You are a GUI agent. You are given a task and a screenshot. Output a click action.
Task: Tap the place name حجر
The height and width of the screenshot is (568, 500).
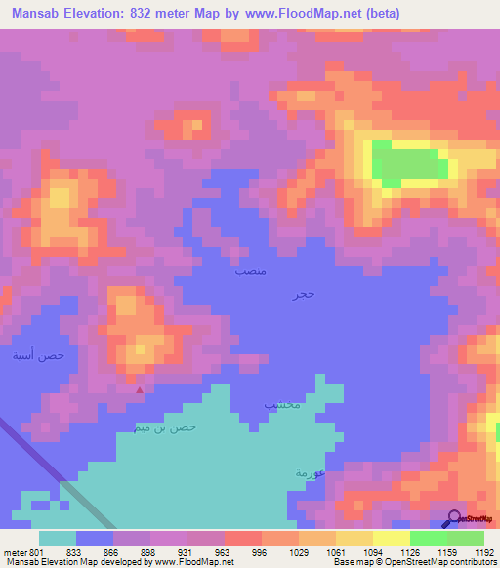[x=303, y=293]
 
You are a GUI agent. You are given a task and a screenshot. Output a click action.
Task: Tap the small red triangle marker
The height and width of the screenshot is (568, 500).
[x=140, y=391]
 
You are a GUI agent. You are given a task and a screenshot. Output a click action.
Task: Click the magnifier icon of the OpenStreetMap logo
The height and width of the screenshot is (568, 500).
[x=451, y=518]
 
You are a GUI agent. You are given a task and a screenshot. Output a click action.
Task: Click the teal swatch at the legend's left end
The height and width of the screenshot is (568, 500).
[x=58, y=538]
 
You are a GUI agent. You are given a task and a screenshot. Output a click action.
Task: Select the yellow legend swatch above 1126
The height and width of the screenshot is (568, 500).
[x=391, y=538]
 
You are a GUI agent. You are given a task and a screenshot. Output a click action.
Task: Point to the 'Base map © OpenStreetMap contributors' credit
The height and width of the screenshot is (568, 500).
[x=414, y=562]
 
